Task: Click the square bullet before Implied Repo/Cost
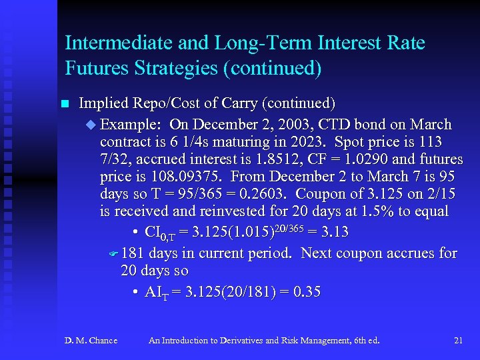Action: coord(65,104)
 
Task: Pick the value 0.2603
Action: coord(267,194)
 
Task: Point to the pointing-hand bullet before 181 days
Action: coord(113,254)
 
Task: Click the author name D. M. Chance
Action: coord(91,341)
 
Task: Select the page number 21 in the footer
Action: coord(458,341)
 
